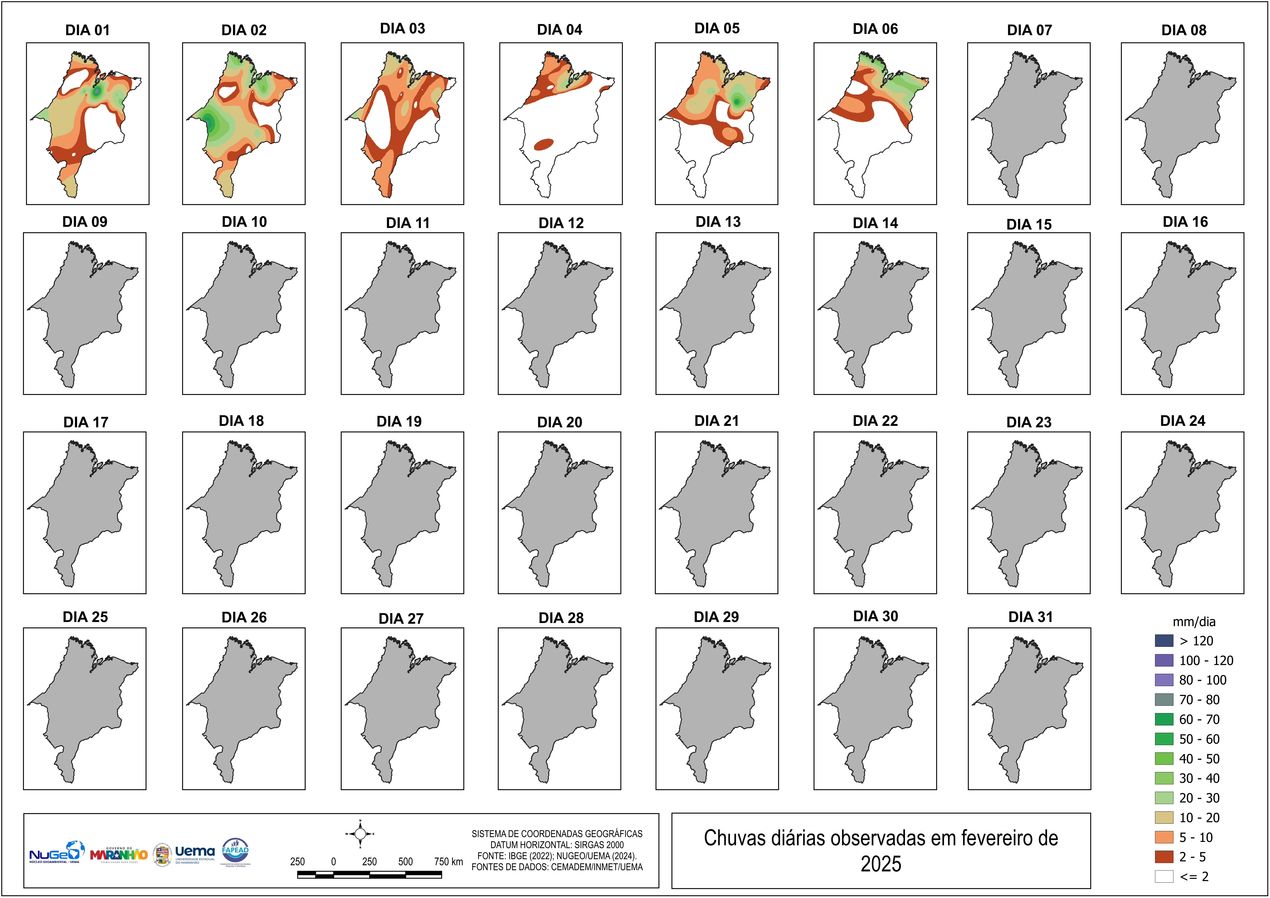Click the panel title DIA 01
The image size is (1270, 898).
87,30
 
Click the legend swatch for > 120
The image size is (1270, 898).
1164,641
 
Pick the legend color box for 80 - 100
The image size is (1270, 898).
1164,680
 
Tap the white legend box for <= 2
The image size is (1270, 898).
1164,876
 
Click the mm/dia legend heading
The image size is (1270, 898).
1194,622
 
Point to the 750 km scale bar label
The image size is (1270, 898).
448,861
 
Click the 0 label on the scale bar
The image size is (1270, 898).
334,861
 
